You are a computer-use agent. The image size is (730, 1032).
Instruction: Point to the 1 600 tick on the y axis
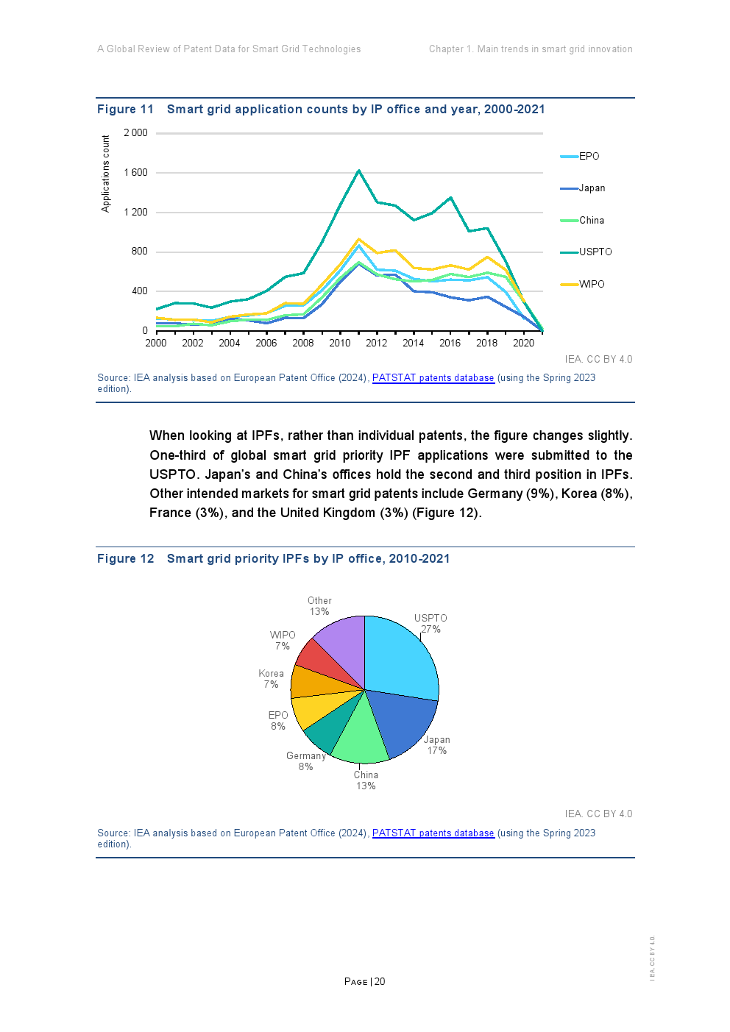click(x=135, y=173)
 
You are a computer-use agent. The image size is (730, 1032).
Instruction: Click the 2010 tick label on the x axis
click(x=340, y=344)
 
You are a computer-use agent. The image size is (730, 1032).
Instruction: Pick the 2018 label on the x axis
click(x=486, y=344)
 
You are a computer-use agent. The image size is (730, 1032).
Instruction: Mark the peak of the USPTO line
click(x=358, y=171)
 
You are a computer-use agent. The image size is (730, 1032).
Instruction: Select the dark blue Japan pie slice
click(x=401, y=721)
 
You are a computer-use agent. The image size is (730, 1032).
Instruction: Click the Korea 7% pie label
click(x=271, y=679)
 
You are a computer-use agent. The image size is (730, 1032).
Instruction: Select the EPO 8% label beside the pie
click(x=278, y=721)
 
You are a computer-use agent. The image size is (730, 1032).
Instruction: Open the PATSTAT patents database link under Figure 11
click(x=433, y=378)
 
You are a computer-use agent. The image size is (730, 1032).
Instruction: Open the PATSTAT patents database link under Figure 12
click(x=433, y=833)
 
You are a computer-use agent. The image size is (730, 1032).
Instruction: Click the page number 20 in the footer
click(x=380, y=982)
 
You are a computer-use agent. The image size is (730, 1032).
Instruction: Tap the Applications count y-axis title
click(x=106, y=174)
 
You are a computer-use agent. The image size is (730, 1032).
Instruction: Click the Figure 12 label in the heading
click(x=126, y=559)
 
